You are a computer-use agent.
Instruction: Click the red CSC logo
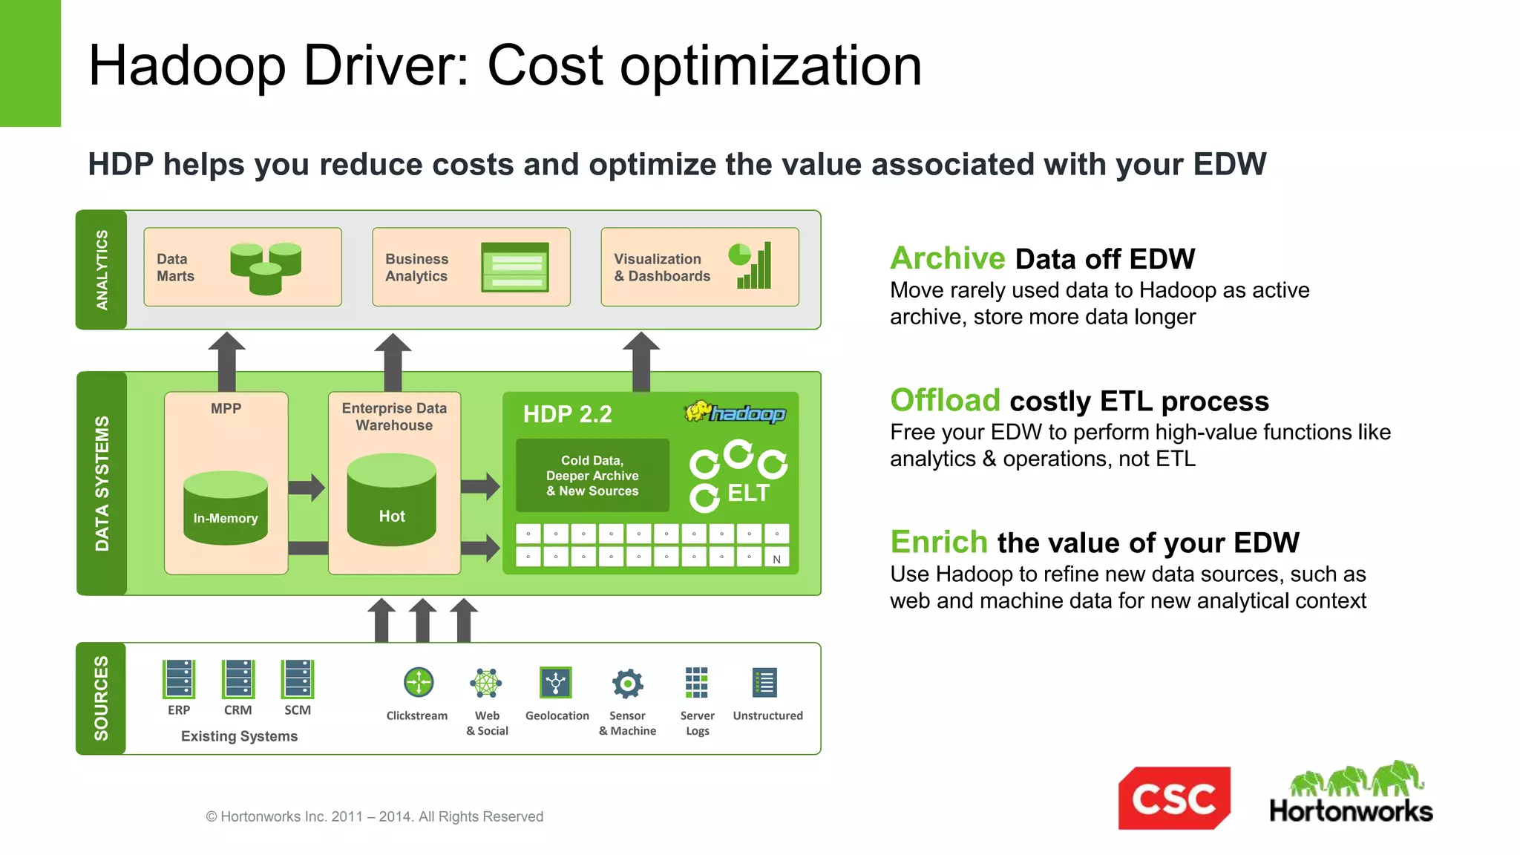click(x=1173, y=798)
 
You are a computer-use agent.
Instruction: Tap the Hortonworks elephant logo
click(x=1351, y=793)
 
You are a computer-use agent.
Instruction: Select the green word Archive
click(x=947, y=258)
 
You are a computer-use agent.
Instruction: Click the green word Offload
click(x=945, y=400)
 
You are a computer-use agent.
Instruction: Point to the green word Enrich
click(x=939, y=542)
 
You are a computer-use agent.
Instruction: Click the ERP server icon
click(x=179, y=679)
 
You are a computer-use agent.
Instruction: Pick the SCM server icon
click(x=298, y=679)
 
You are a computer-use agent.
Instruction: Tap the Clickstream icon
click(x=419, y=682)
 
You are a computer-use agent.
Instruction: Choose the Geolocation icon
click(x=556, y=682)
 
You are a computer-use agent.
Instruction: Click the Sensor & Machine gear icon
click(x=627, y=683)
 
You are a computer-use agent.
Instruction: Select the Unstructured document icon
click(x=764, y=682)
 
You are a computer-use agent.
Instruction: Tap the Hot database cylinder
click(x=392, y=501)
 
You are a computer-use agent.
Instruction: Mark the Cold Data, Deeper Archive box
click(x=592, y=475)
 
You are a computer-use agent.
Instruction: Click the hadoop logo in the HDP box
click(x=735, y=412)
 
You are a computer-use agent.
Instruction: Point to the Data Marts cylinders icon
click(x=266, y=267)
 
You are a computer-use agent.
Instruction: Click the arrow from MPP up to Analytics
click(x=226, y=361)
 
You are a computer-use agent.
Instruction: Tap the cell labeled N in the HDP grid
click(x=777, y=559)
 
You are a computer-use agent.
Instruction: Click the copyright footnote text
click(x=374, y=816)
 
